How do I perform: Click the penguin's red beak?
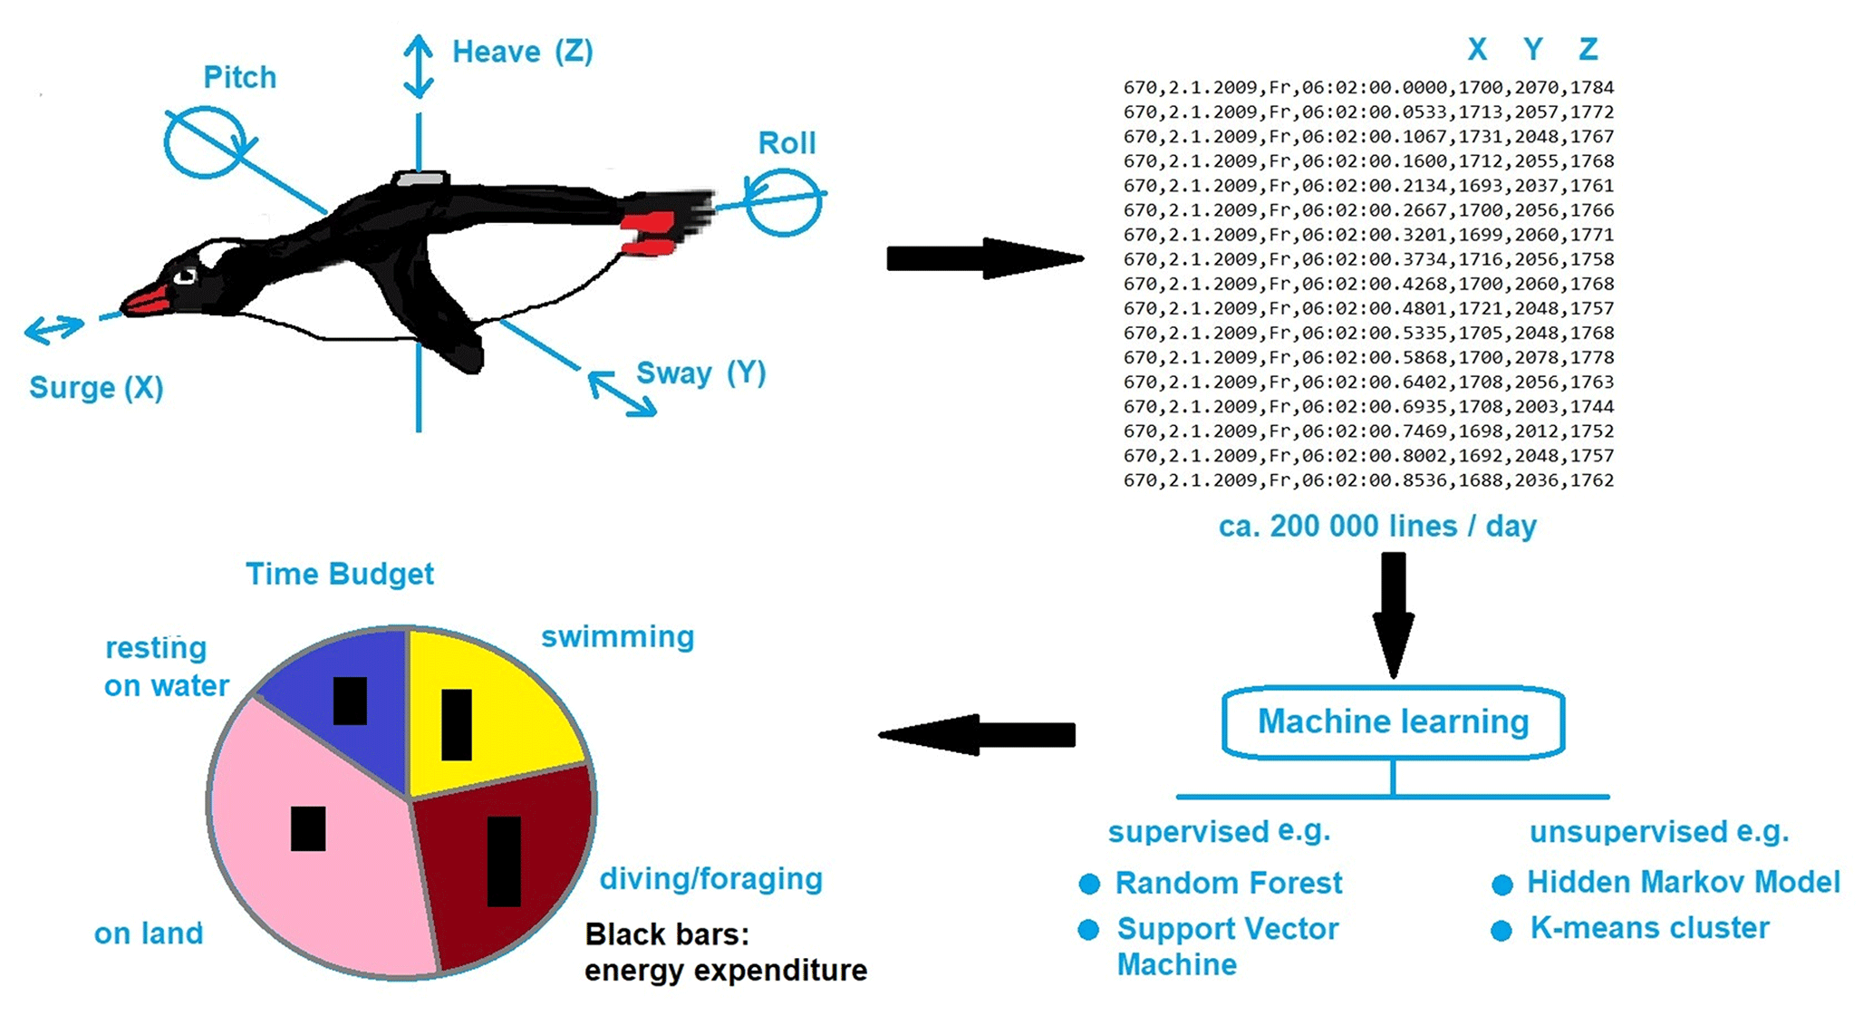147,299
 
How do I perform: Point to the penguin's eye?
186,276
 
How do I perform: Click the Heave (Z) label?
522,52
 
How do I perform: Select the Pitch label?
239,78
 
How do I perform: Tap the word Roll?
787,143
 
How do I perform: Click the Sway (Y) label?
700,373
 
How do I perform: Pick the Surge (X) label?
96,388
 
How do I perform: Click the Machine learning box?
1393,722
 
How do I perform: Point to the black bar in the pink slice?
308,828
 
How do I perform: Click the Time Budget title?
340,574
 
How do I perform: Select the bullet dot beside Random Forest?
1089,884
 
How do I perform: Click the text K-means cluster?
1649,928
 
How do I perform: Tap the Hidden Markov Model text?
1684,882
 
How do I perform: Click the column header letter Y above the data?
1532,49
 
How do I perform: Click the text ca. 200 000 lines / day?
1377,527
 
